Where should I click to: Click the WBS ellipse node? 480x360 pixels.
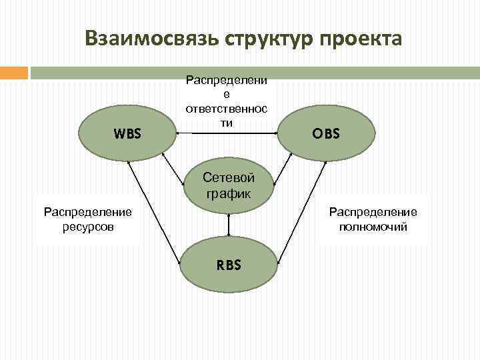tap(127, 133)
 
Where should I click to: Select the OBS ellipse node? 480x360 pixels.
tap(327, 133)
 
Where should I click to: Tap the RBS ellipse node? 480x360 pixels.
tap(228, 265)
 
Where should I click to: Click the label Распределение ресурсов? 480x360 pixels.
tap(87, 219)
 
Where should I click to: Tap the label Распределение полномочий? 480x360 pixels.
tap(373, 219)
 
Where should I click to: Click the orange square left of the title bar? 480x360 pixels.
tap(14, 72)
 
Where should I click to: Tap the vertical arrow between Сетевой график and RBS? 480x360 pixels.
tap(229, 225)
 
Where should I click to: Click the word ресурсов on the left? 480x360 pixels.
tap(87, 227)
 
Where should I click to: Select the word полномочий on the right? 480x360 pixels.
tap(373, 227)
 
